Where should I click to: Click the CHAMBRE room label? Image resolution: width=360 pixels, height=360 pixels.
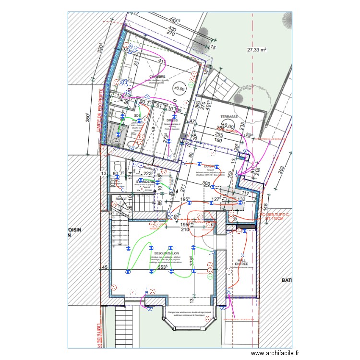(x=157, y=76)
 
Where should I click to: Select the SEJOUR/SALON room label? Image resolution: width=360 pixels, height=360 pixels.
(x=165, y=253)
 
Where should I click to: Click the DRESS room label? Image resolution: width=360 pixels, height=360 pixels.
(x=172, y=120)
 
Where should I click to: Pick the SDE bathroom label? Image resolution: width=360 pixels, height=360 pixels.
(x=137, y=116)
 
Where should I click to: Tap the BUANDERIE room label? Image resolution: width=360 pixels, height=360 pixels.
(x=145, y=182)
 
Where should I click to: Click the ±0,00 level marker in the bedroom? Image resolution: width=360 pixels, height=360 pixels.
(x=180, y=89)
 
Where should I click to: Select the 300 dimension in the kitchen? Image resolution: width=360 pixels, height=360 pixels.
(x=206, y=184)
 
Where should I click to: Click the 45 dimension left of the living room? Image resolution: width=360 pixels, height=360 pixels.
(x=105, y=267)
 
